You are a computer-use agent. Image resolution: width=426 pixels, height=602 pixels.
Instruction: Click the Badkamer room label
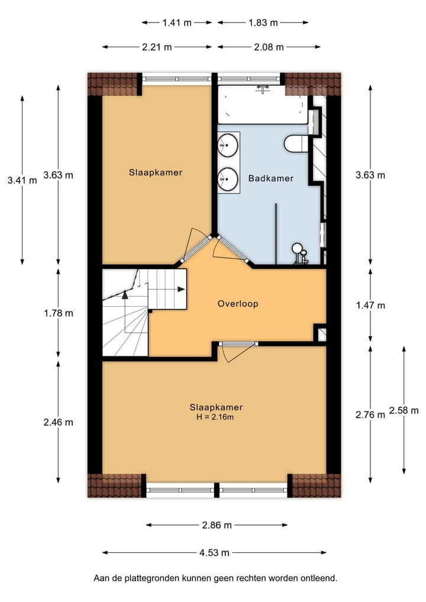pyautogui.click(x=270, y=178)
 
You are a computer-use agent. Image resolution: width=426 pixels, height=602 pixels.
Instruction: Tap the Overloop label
pyautogui.click(x=238, y=304)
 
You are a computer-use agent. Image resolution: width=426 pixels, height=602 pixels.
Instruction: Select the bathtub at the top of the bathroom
pyautogui.click(x=262, y=105)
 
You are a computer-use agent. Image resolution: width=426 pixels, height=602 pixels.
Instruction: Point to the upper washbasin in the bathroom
pyautogui.click(x=228, y=144)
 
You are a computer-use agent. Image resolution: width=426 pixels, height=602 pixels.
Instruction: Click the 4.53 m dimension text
pyautogui.click(x=214, y=553)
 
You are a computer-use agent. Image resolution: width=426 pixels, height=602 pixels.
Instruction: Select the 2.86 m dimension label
pyautogui.click(x=217, y=524)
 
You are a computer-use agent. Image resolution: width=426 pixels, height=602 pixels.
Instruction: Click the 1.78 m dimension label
pyautogui.click(x=58, y=313)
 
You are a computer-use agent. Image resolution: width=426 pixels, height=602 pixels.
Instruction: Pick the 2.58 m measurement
pyautogui.click(x=404, y=410)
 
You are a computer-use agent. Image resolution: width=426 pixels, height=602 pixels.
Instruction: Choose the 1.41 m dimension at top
pyautogui.click(x=176, y=23)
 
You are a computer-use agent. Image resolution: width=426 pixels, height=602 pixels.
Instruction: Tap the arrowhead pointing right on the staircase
pyautogui.click(x=180, y=289)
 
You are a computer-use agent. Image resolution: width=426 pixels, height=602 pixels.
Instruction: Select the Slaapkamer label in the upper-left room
pyautogui.click(x=156, y=173)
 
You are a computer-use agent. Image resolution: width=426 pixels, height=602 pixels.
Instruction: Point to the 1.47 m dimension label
pyautogui.click(x=370, y=305)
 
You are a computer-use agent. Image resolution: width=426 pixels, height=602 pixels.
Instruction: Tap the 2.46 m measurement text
pyautogui.click(x=58, y=422)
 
